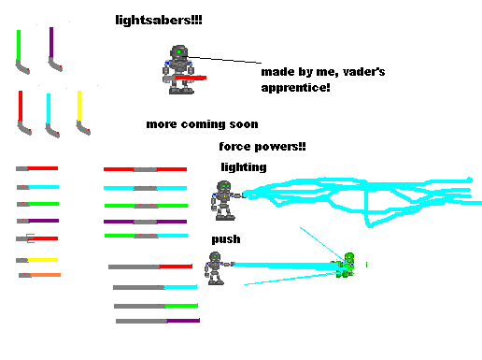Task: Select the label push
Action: point(225,239)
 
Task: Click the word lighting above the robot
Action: point(244,167)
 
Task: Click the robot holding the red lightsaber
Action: point(181,70)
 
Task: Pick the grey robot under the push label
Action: point(216,267)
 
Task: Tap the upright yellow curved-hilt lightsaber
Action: point(80,113)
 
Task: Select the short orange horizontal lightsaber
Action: point(39,275)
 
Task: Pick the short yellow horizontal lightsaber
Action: point(37,260)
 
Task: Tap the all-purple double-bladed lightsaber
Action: point(146,222)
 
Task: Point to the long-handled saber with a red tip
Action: point(149,266)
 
